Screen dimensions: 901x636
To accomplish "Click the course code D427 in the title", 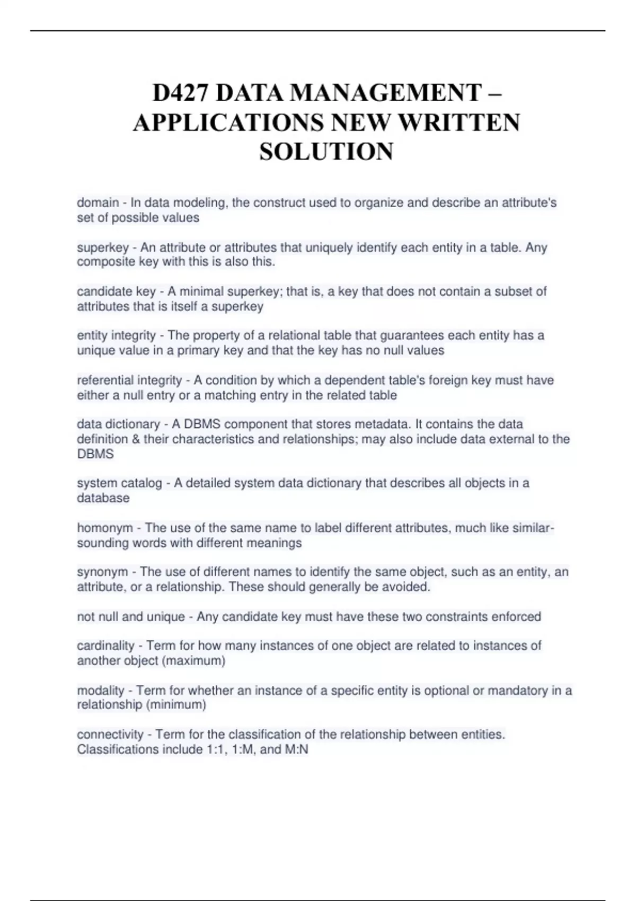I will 181,94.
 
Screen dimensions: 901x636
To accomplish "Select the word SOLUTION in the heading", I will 326,152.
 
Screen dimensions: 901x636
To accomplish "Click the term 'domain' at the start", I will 98,202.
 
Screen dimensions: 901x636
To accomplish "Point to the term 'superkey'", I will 103,248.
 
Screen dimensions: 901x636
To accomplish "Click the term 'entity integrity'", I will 117,335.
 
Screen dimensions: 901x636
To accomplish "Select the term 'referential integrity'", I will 129,380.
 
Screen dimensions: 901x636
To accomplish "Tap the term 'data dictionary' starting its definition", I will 118,424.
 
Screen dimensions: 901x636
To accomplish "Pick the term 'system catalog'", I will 119,483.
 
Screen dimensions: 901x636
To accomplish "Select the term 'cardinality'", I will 105,646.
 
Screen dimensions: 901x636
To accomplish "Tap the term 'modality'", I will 101,691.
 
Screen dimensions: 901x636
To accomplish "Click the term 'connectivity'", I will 110,735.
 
